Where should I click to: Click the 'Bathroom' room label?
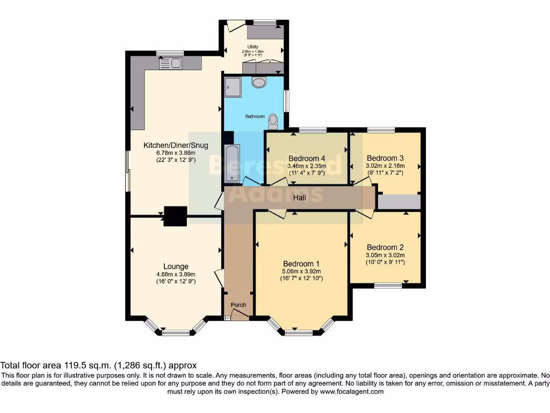[255, 116]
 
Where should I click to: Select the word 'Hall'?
[299, 198]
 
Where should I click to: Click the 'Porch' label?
[238, 305]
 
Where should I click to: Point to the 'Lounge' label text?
[176, 266]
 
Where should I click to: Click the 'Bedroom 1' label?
[301, 264]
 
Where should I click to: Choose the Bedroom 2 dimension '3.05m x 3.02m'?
[385, 255]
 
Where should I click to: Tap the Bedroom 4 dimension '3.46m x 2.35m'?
[307, 166]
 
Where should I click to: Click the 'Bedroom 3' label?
[385, 158]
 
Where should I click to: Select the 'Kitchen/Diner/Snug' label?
[176, 145]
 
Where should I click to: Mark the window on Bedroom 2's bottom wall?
[388, 286]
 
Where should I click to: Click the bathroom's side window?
[286, 101]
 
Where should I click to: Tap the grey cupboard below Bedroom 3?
[399, 202]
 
